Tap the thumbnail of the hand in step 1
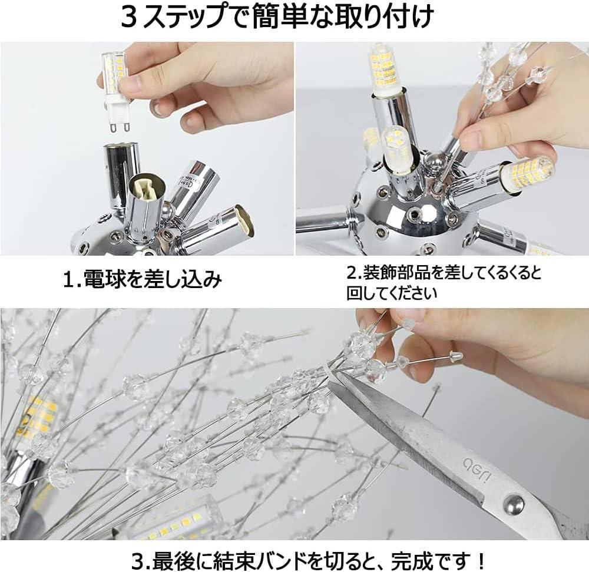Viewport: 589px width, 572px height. pyautogui.click(x=159, y=108)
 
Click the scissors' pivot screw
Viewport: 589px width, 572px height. pyautogui.click(x=514, y=502)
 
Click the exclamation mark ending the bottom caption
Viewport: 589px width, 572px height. pyautogui.click(x=479, y=561)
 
